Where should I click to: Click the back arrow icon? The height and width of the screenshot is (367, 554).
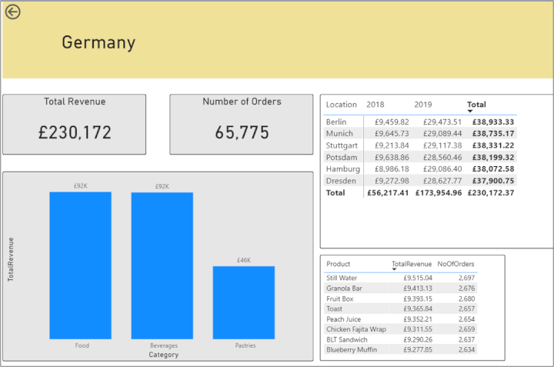[x=13, y=12]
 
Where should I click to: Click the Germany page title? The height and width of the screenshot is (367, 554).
[x=98, y=43]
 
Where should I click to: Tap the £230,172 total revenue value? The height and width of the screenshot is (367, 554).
[x=75, y=132]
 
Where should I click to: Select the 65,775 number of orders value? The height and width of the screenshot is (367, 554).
[x=242, y=132]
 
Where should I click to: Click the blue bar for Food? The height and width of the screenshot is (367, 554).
[x=80, y=265]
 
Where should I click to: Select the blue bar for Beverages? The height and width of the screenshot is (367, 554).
[x=162, y=265]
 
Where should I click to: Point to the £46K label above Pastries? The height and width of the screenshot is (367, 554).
[x=243, y=260]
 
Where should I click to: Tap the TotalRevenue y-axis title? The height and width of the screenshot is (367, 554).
[x=12, y=259]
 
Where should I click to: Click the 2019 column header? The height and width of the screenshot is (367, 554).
[x=423, y=105]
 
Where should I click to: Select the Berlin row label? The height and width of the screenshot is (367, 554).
[x=336, y=122]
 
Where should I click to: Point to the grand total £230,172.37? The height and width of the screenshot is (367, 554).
[x=491, y=192]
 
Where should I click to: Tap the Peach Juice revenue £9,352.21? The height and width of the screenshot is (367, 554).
[x=418, y=319]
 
